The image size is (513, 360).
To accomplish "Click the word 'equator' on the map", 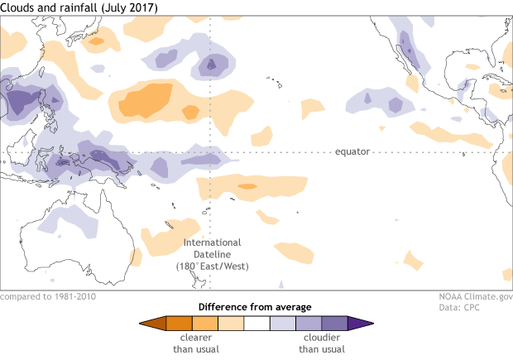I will pyautogui.click(x=352, y=152).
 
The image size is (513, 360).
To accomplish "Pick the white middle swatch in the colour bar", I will pyautogui.click(x=256, y=324).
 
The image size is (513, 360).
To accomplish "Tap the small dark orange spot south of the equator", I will pyautogui.click(x=247, y=186).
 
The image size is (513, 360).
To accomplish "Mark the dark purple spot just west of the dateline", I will pyautogui.click(x=210, y=63).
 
